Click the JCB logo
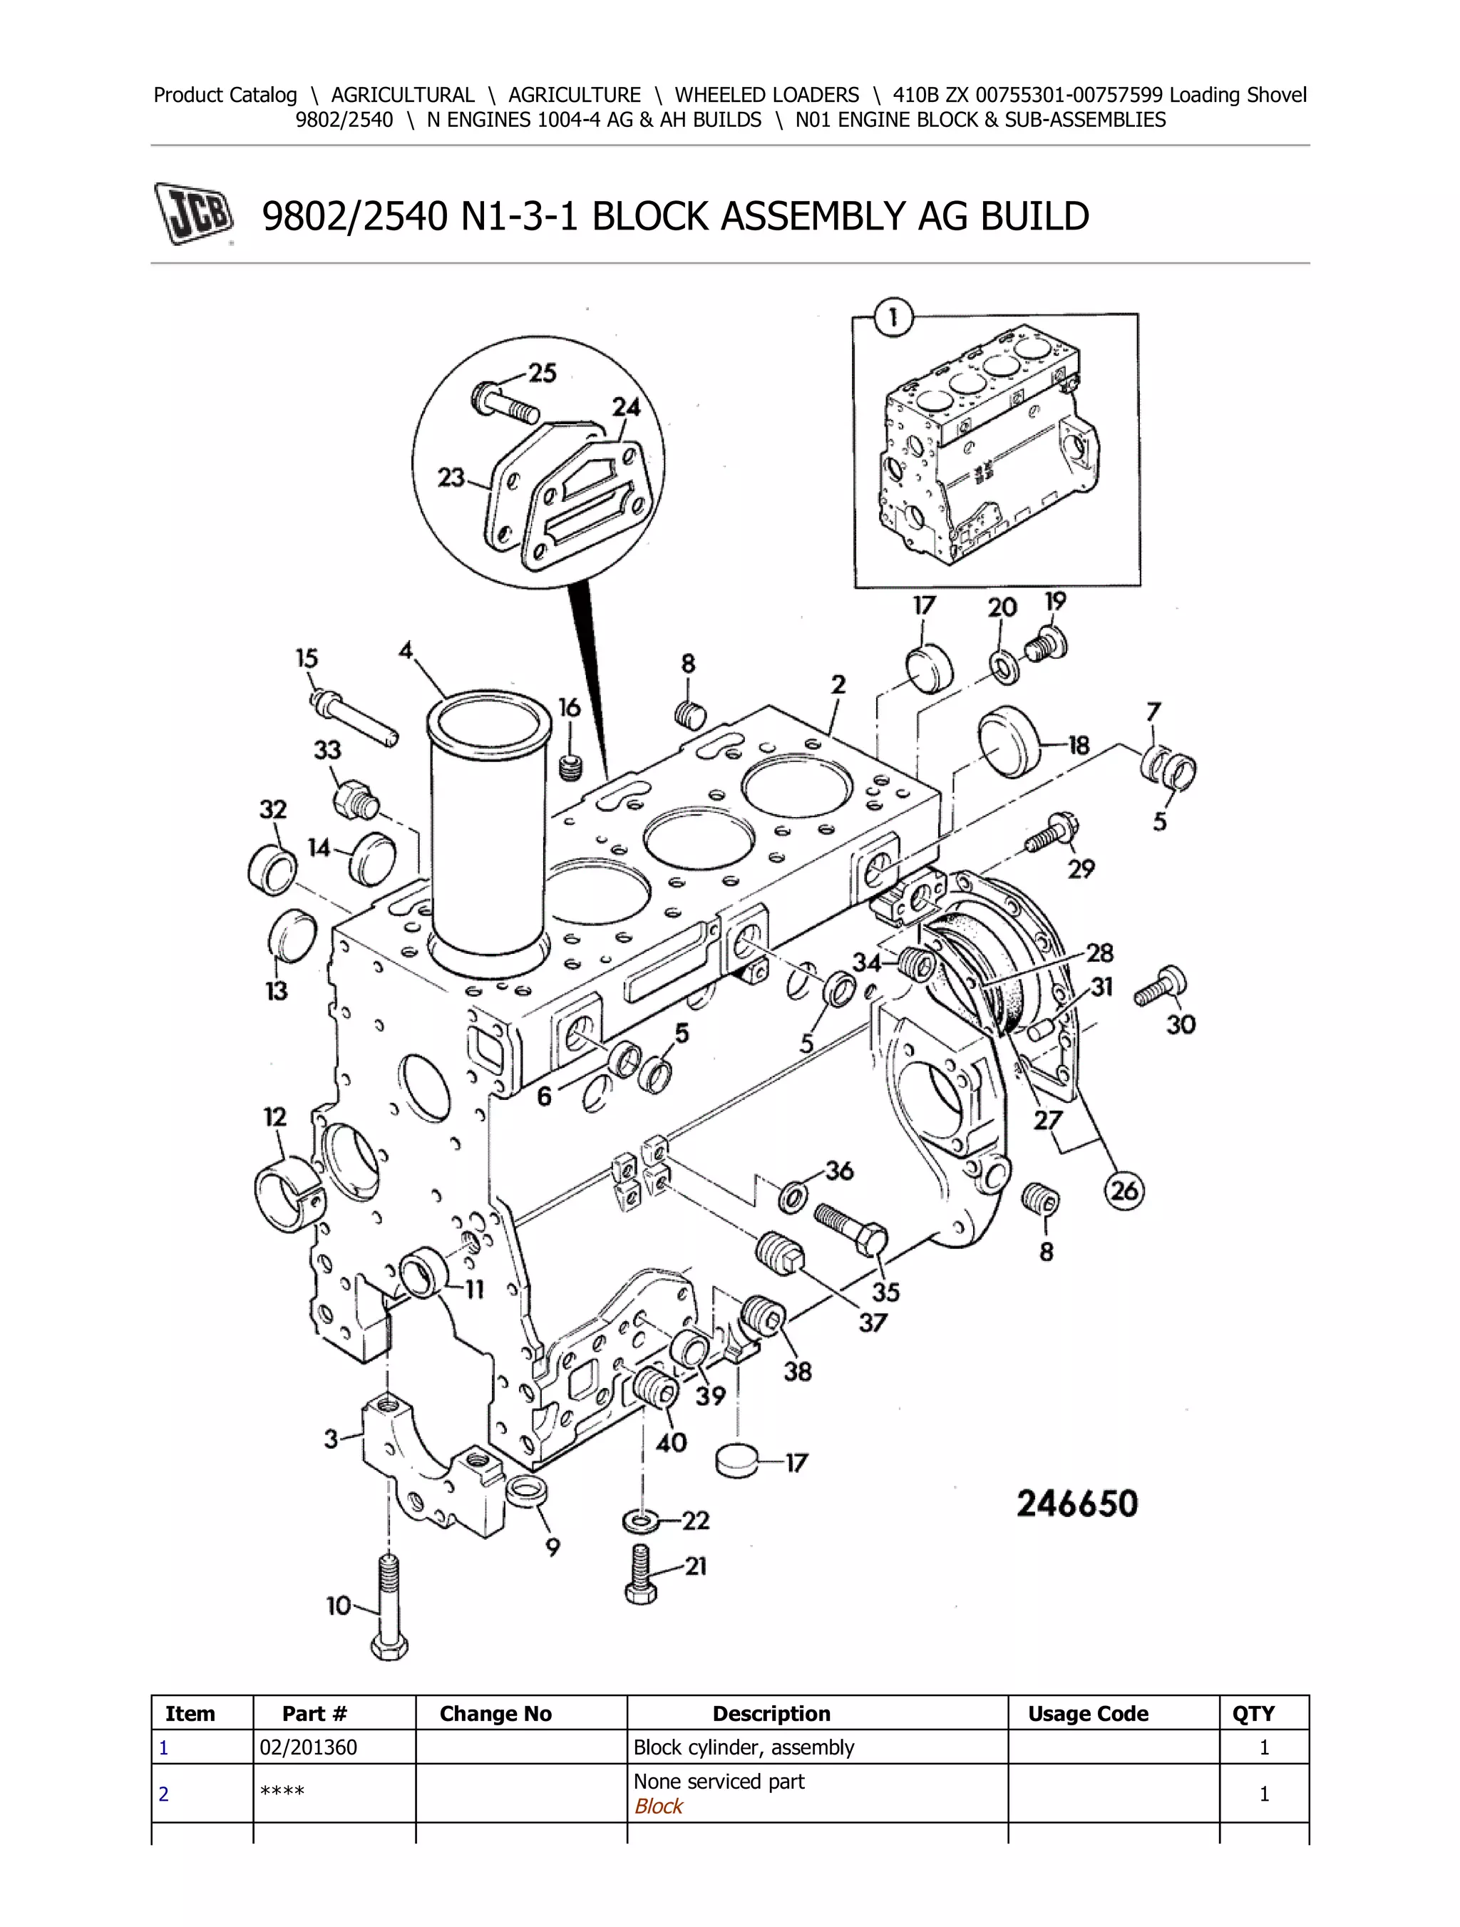[193, 212]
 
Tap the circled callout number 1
[893, 319]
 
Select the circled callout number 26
[1124, 1190]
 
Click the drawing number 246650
[1078, 1504]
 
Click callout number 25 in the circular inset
[542, 373]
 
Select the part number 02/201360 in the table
[309, 1747]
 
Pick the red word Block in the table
[659, 1806]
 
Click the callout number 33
[327, 749]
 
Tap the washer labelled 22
[642, 1521]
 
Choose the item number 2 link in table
[163, 1794]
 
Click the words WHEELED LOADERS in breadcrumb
[766, 95]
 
